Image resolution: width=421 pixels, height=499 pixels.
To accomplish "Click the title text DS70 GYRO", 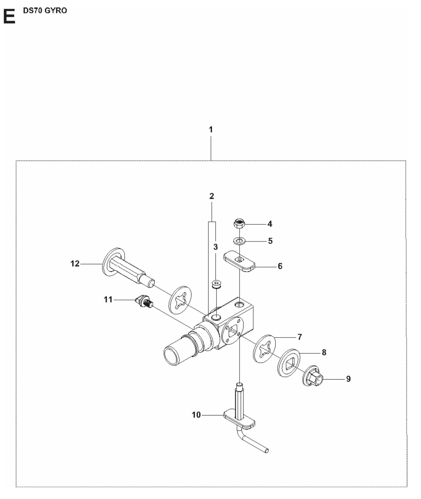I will (x=45, y=10).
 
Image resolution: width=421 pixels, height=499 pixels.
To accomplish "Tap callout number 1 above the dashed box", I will (x=211, y=130).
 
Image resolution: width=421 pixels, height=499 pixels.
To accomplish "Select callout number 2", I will (x=212, y=196).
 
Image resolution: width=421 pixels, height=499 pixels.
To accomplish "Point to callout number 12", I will (x=75, y=264).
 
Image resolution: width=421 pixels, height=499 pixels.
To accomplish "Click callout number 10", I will (x=196, y=415).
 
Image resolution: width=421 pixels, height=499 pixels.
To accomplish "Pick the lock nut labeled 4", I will (x=239, y=224).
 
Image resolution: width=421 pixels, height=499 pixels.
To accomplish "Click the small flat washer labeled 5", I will (x=239, y=241).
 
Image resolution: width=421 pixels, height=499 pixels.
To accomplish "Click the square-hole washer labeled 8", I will (x=288, y=363).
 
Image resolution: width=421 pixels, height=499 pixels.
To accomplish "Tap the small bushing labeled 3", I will (x=216, y=284).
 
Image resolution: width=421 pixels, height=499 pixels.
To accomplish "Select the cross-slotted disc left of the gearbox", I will (x=180, y=300).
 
